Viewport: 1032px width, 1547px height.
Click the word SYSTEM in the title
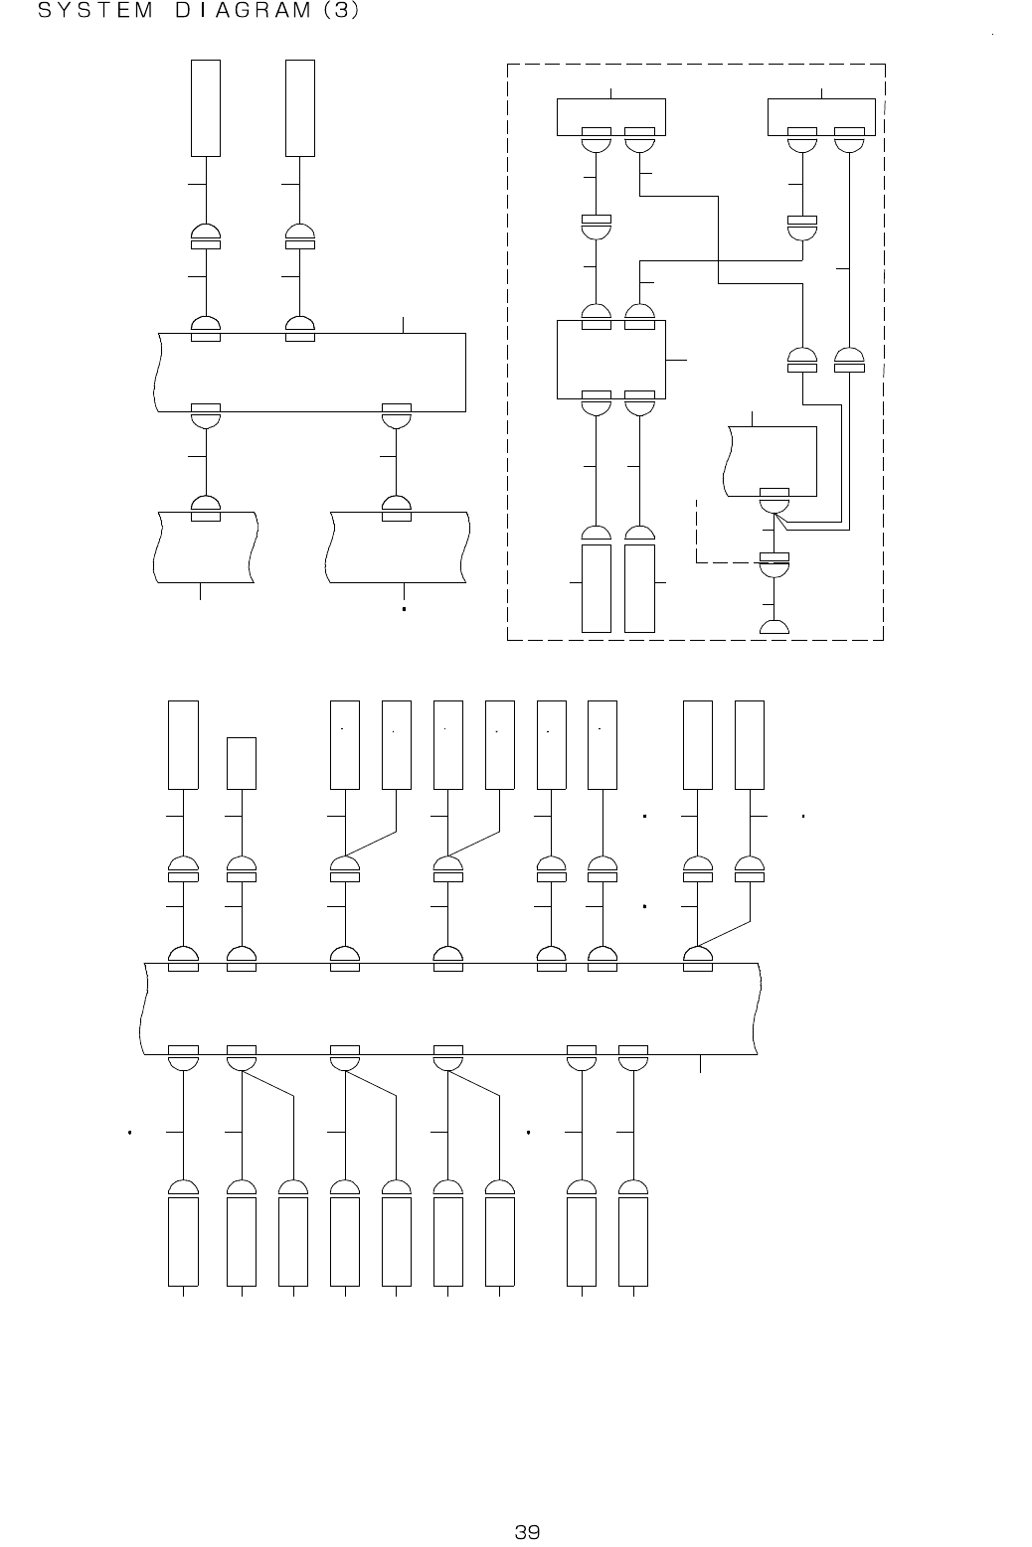click(93, 14)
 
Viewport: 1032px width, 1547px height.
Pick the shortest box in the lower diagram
click(242, 762)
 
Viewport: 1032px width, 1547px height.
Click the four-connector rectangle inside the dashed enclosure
click(609, 358)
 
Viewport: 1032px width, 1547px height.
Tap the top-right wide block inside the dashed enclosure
click(821, 115)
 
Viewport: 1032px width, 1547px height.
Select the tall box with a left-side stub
click(596, 587)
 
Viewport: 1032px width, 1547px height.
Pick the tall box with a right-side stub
click(639, 587)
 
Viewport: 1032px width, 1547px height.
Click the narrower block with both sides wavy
click(207, 546)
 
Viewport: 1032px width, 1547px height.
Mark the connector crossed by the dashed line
click(774, 562)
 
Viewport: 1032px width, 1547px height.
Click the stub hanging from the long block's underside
click(701, 1064)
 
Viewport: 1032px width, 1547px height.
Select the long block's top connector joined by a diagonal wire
click(698, 958)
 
